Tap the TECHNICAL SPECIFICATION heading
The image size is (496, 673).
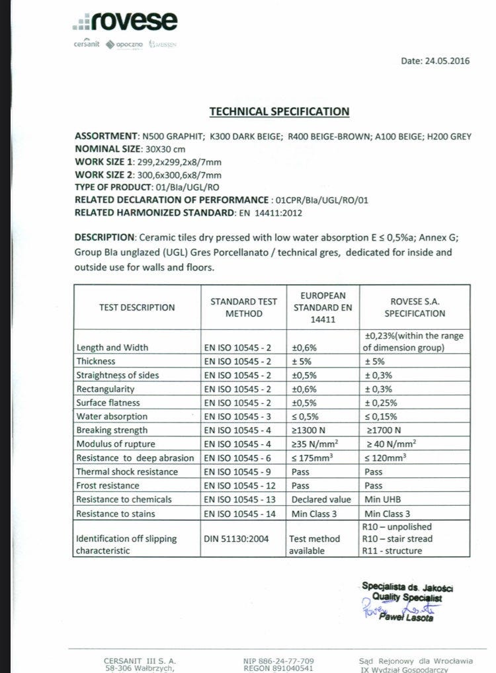(279, 112)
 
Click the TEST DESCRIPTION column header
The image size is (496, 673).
(137, 307)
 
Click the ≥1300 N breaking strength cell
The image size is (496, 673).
(310, 430)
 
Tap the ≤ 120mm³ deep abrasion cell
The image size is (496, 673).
(386, 457)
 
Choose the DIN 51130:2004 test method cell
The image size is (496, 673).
(237, 539)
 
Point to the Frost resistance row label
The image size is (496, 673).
(107, 485)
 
